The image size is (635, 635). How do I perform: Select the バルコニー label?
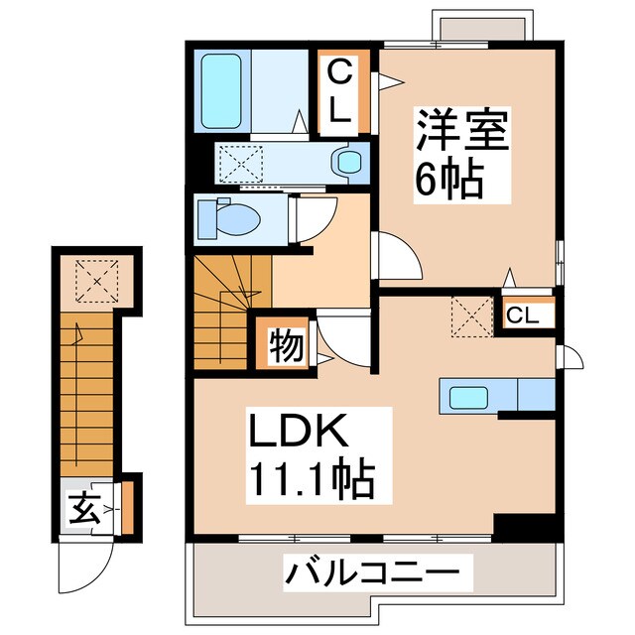click(374, 572)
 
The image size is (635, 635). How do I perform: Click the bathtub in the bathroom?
click(225, 91)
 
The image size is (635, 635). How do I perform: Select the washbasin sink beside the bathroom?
click(346, 161)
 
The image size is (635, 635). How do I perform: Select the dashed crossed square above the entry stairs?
click(97, 278)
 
